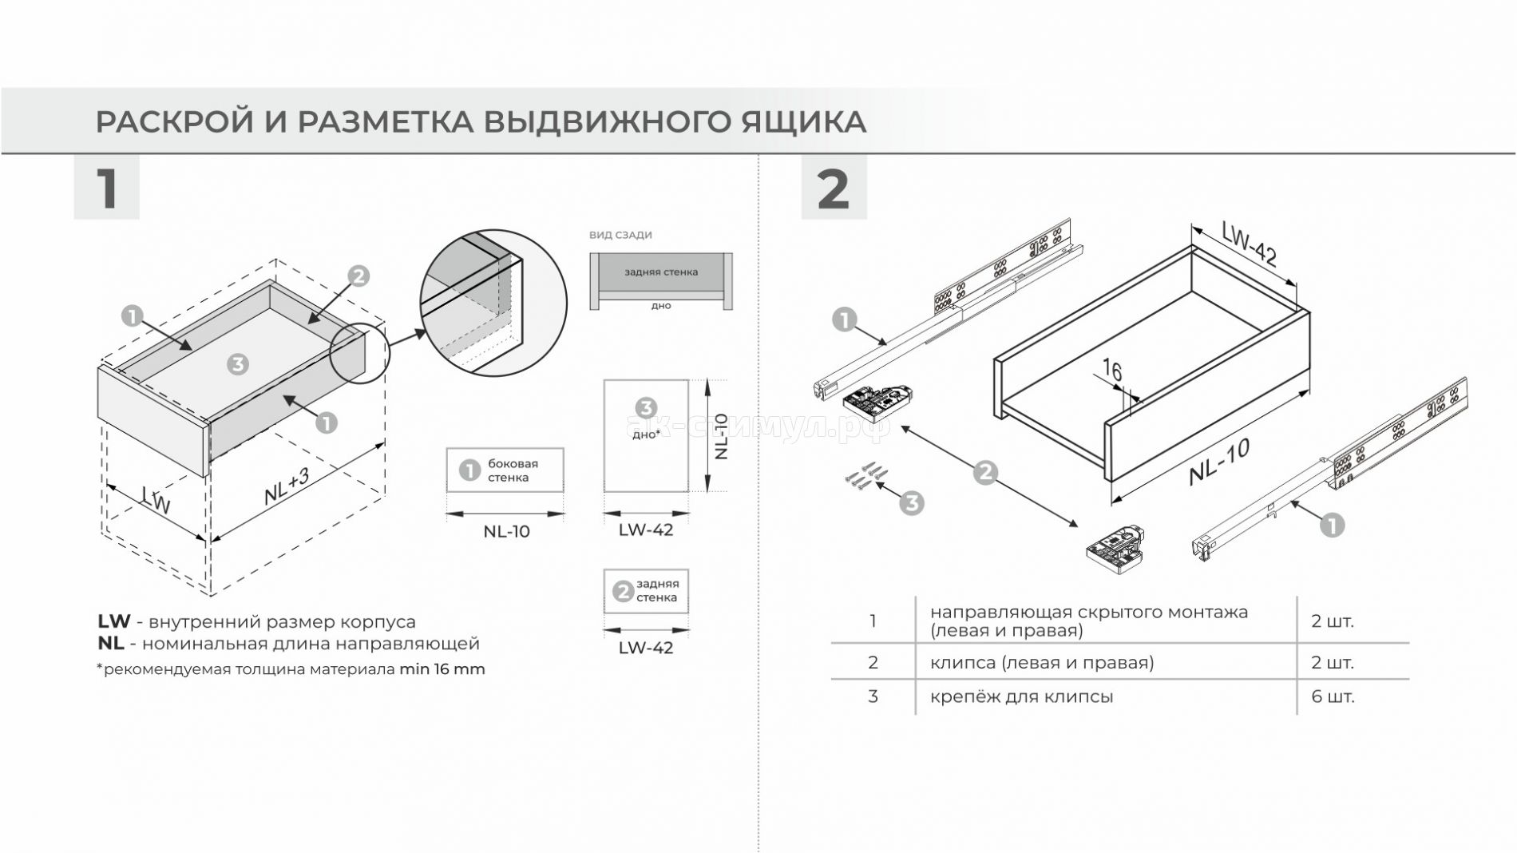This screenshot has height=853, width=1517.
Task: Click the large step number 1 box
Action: coord(106,188)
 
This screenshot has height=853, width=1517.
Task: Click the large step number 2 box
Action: coord(834,188)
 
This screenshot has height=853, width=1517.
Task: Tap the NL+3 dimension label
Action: coord(287,486)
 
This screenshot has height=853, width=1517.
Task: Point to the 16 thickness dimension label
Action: coord(1112,371)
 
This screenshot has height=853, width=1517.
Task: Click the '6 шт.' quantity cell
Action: coord(1333,696)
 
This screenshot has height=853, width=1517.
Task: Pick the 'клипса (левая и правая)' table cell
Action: coord(1041,663)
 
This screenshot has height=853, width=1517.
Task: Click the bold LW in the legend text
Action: coord(113,621)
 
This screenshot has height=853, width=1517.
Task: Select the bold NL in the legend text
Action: coord(111,643)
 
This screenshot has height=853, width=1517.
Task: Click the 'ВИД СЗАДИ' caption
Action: coord(620,235)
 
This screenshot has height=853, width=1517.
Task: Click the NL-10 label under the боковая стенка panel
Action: coord(506,532)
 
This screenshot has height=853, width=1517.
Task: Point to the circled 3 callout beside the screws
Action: coord(911,503)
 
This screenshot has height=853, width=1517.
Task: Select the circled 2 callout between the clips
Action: coord(985,473)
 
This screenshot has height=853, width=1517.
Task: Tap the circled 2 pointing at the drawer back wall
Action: coord(358,276)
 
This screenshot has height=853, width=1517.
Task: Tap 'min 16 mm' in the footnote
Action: coord(442,669)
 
